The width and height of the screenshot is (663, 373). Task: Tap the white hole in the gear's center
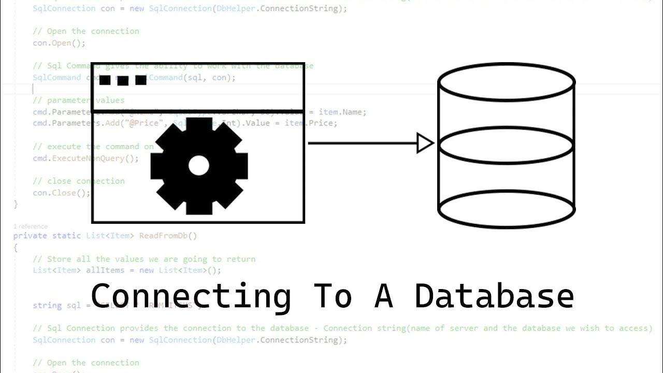[x=199, y=166]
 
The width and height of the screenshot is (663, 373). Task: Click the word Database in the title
[x=494, y=296]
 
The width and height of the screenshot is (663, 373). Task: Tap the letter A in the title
[x=383, y=296]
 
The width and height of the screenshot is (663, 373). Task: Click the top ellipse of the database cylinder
[x=506, y=81]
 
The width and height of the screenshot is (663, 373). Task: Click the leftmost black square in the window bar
[x=105, y=80]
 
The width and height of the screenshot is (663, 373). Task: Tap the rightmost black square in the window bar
[x=140, y=80]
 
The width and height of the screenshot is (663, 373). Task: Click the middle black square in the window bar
[x=123, y=80]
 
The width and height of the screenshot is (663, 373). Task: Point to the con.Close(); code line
[x=61, y=193]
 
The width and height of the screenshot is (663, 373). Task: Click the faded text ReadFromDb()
[x=168, y=236]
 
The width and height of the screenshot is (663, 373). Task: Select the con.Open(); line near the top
[x=59, y=43]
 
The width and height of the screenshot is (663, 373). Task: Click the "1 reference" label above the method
[x=30, y=226]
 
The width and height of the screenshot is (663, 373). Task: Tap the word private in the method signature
[x=31, y=236]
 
